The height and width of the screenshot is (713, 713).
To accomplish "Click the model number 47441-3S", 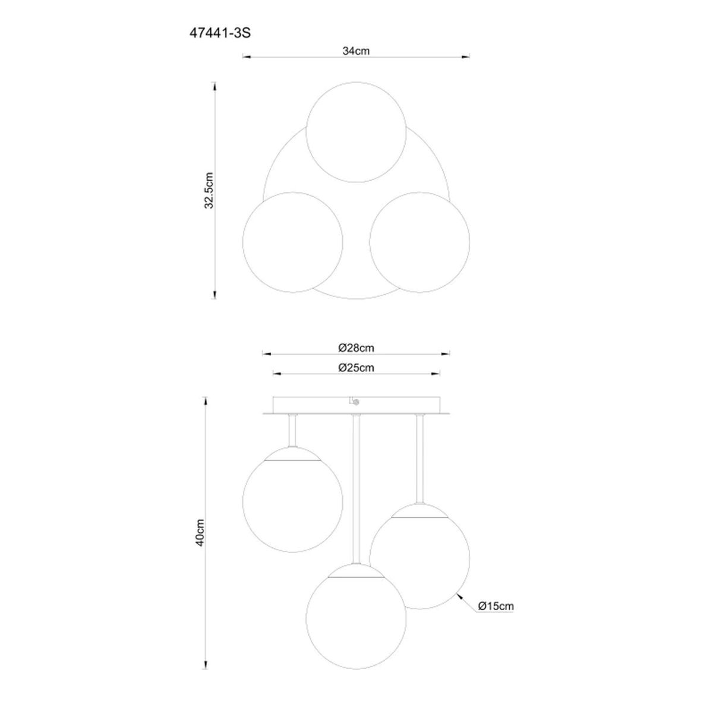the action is click(x=220, y=33).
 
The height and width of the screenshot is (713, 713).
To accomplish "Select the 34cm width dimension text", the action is click(x=356, y=51).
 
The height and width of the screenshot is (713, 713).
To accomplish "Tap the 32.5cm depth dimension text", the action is click(x=209, y=190).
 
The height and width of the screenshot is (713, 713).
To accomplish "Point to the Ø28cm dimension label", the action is click(x=356, y=348).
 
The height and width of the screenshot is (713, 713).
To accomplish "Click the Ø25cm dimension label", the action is click(x=356, y=368).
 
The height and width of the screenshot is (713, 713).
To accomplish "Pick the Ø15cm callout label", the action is click(x=496, y=605).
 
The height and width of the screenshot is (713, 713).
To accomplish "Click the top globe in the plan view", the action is click(x=356, y=132).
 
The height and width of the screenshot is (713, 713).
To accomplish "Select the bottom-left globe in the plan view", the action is click(x=293, y=242).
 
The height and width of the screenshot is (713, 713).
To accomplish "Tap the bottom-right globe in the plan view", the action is click(x=419, y=242).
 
